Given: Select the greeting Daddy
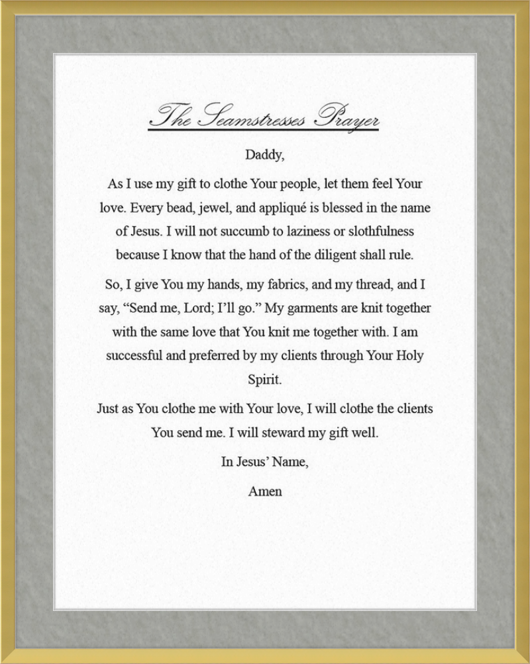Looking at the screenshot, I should click(264, 156).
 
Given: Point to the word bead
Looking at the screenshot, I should click(180, 208).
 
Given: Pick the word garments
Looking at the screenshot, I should click(319, 309).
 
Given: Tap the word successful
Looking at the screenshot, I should click(134, 355).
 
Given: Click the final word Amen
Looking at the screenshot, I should click(264, 492).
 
